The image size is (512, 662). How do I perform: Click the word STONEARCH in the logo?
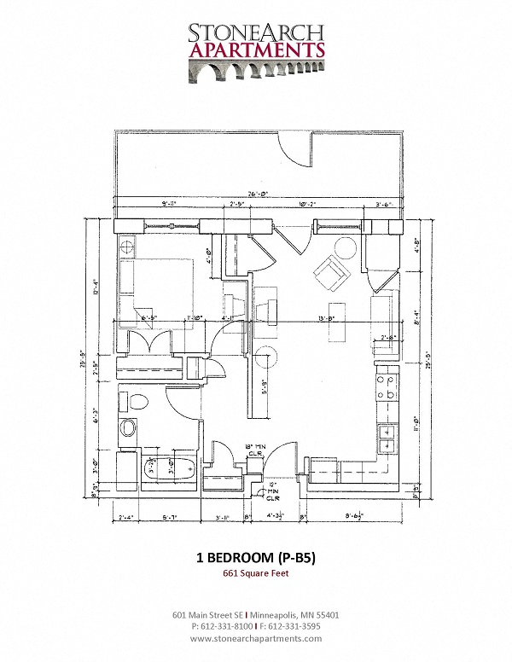[x=256, y=32]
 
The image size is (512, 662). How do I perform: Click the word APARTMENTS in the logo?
[x=256, y=49]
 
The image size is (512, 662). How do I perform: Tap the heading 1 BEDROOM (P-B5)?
[x=255, y=559]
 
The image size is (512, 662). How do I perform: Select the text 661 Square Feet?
[x=255, y=573]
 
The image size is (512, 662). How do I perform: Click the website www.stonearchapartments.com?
[x=256, y=638]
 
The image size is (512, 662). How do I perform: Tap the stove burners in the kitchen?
[x=386, y=388]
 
